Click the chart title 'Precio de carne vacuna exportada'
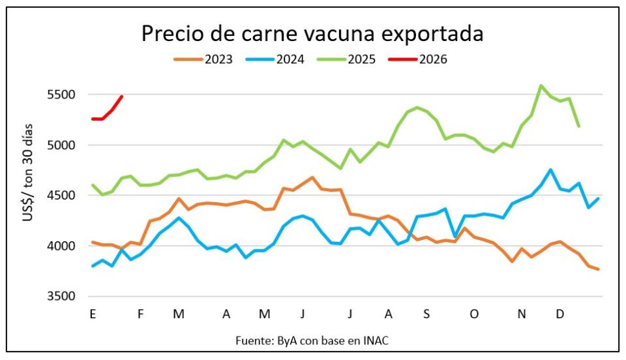312,33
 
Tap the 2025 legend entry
348,59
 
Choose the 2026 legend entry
419,59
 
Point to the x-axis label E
93,314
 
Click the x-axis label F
140,314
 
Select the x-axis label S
426,314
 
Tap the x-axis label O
474,314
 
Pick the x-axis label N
522,314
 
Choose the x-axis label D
559,314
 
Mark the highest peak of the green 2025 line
541,85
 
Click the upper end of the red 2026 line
122,97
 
